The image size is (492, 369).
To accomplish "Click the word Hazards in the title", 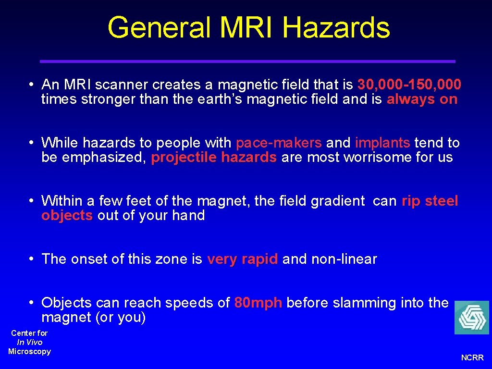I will [336, 27].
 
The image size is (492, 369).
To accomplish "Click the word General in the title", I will [159, 27].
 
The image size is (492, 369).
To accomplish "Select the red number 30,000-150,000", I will [409, 85].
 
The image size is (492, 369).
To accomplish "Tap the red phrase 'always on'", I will [422, 99].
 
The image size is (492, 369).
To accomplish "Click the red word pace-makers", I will [279, 143].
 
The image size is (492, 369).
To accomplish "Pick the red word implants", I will [382, 143].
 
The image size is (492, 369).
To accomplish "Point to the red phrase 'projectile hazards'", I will [214, 158].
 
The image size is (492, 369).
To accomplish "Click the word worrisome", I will [373, 158].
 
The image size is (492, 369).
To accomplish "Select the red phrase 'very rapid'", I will [242, 259].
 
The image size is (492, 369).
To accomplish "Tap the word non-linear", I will [344, 259].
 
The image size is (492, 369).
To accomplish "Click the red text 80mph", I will [258, 303].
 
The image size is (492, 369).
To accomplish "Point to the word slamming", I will [357, 303].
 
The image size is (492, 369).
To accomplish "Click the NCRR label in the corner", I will [472, 357].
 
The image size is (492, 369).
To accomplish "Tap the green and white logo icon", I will [471, 318].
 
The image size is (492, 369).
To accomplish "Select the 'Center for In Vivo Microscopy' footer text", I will [30, 342].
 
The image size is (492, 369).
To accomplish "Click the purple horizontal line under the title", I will [247, 61].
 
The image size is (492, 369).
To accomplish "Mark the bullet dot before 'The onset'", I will [30, 259].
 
